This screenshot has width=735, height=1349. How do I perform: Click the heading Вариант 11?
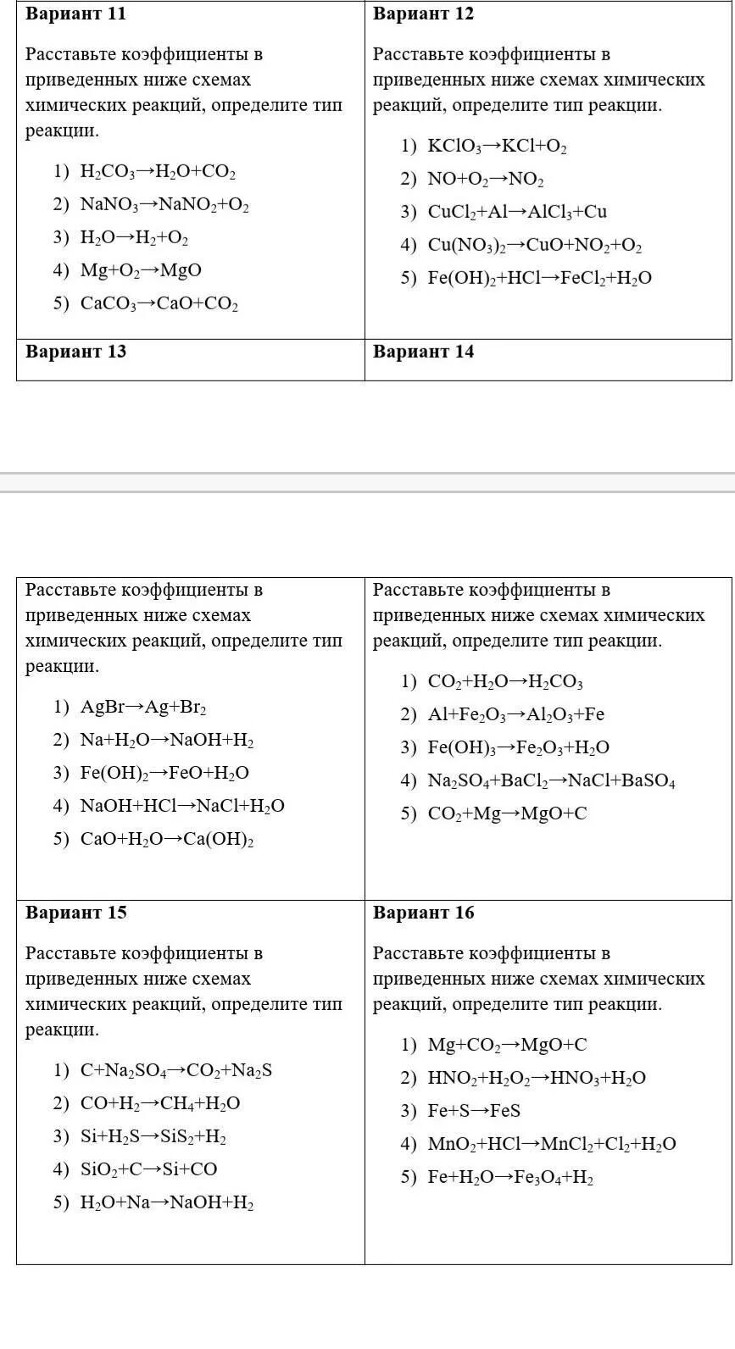click(75, 14)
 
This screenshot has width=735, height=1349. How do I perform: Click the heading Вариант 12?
click(423, 14)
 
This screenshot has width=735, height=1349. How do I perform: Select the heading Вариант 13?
click(75, 352)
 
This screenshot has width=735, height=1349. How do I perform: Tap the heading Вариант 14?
click(423, 352)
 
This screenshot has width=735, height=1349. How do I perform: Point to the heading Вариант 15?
click(75, 913)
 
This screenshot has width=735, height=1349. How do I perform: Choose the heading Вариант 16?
click(423, 913)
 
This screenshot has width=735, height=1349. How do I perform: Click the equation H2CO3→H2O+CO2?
click(158, 172)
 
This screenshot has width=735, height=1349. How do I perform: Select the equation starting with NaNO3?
click(164, 205)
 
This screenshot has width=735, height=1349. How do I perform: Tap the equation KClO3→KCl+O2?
click(497, 147)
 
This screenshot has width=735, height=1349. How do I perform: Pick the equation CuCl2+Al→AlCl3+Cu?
click(517, 212)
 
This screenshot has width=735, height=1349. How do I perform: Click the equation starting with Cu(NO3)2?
click(534, 246)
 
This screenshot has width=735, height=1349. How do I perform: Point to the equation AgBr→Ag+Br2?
click(143, 708)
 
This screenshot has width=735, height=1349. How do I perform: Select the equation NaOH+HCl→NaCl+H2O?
click(182, 806)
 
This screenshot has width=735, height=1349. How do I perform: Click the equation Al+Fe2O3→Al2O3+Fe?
click(515, 714)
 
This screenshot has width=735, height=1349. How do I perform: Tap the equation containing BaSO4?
click(551, 780)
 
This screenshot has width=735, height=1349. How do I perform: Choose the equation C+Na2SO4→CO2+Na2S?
click(176, 1070)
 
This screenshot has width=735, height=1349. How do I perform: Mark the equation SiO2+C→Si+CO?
click(148, 1169)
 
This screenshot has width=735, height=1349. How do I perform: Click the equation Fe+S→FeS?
click(474, 1111)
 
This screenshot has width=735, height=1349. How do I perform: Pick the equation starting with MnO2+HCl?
click(552, 1144)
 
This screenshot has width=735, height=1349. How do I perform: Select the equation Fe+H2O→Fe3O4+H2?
click(510, 1177)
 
